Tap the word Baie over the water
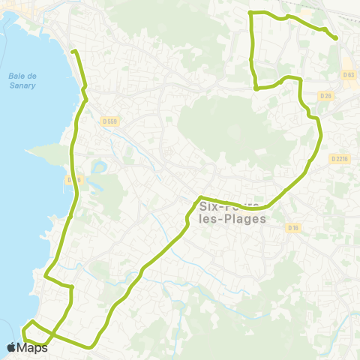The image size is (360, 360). coord(17,74)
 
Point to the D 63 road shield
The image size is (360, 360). coord(348,75)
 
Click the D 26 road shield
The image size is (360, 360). coord(325,96)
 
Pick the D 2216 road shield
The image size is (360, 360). coord(340,158)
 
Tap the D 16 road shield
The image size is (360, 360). coord(292,227)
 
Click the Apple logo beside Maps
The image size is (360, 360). coord(11,347)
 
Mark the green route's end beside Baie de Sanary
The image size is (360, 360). coord(73,51)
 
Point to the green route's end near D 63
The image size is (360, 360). coord(335,38)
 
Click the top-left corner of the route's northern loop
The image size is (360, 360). coord(250,13)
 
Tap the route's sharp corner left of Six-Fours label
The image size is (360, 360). coord(199,198)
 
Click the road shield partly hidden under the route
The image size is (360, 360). coord(73,180)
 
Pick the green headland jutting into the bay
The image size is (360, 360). coord(45,154)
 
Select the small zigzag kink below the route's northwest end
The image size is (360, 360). coord(85,94)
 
